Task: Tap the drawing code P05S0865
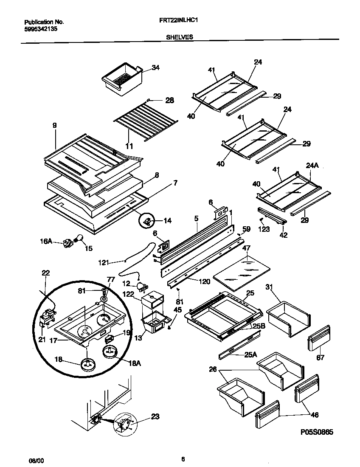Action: [x=316, y=432]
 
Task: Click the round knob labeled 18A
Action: [x=111, y=352]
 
